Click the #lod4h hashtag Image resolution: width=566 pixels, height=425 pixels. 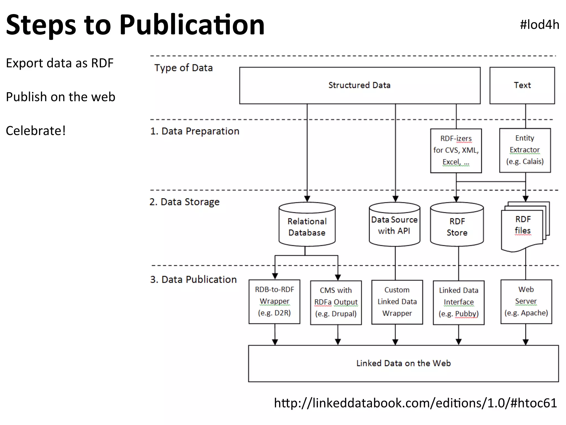[x=539, y=25]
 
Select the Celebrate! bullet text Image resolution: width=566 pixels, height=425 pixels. [x=36, y=131]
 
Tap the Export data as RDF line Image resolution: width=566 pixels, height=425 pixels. [x=60, y=63]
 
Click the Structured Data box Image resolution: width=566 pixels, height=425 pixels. [x=360, y=85]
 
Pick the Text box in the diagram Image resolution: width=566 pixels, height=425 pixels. [x=522, y=85]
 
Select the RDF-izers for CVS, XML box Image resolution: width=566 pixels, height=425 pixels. [x=456, y=151]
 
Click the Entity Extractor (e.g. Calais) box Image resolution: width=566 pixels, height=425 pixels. [x=525, y=150]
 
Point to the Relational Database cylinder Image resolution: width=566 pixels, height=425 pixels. [x=307, y=226]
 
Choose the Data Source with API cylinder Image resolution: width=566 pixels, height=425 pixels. [x=394, y=225]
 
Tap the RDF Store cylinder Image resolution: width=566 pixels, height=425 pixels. [x=457, y=226]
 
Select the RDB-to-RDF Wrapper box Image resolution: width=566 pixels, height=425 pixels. [x=274, y=301]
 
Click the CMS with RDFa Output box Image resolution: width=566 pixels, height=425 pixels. [x=336, y=302]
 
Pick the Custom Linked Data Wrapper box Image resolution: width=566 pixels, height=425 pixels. [x=397, y=302]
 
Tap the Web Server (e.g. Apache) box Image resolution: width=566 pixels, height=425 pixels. [x=526, y=301]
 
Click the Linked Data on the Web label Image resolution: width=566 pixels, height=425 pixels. [x=403, y=363]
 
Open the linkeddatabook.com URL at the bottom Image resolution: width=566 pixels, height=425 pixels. [x=415, y=403]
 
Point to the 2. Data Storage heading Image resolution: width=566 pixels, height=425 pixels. [x=184, y=202]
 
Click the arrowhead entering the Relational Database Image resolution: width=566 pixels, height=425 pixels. [x=307, y=199]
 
